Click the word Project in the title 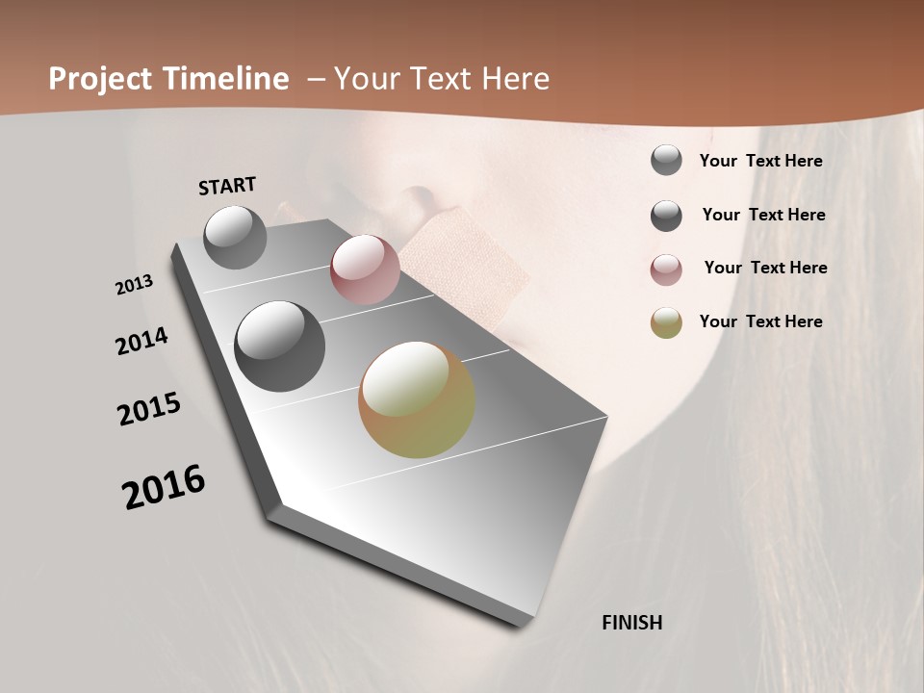(x=99, y=79)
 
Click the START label (x=227, y=186)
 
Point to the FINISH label (x=631, y=623)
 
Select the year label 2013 (x=134, y=285)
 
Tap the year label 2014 (x=141, y=342)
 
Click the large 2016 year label (x=164, y=487)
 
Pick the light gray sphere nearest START (x=236, y=237)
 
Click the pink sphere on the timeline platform (x=365, y=269)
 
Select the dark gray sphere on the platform (x=280, y=346)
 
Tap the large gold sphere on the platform (x=417, y=399)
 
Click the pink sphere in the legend (x=666, y=269)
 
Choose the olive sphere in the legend (x=666, y=322)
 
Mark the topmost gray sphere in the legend (x=666, y=160)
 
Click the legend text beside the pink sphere (x=765, y=268)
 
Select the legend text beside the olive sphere (x=760, y=321)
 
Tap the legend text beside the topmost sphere (x=760, y=161)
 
